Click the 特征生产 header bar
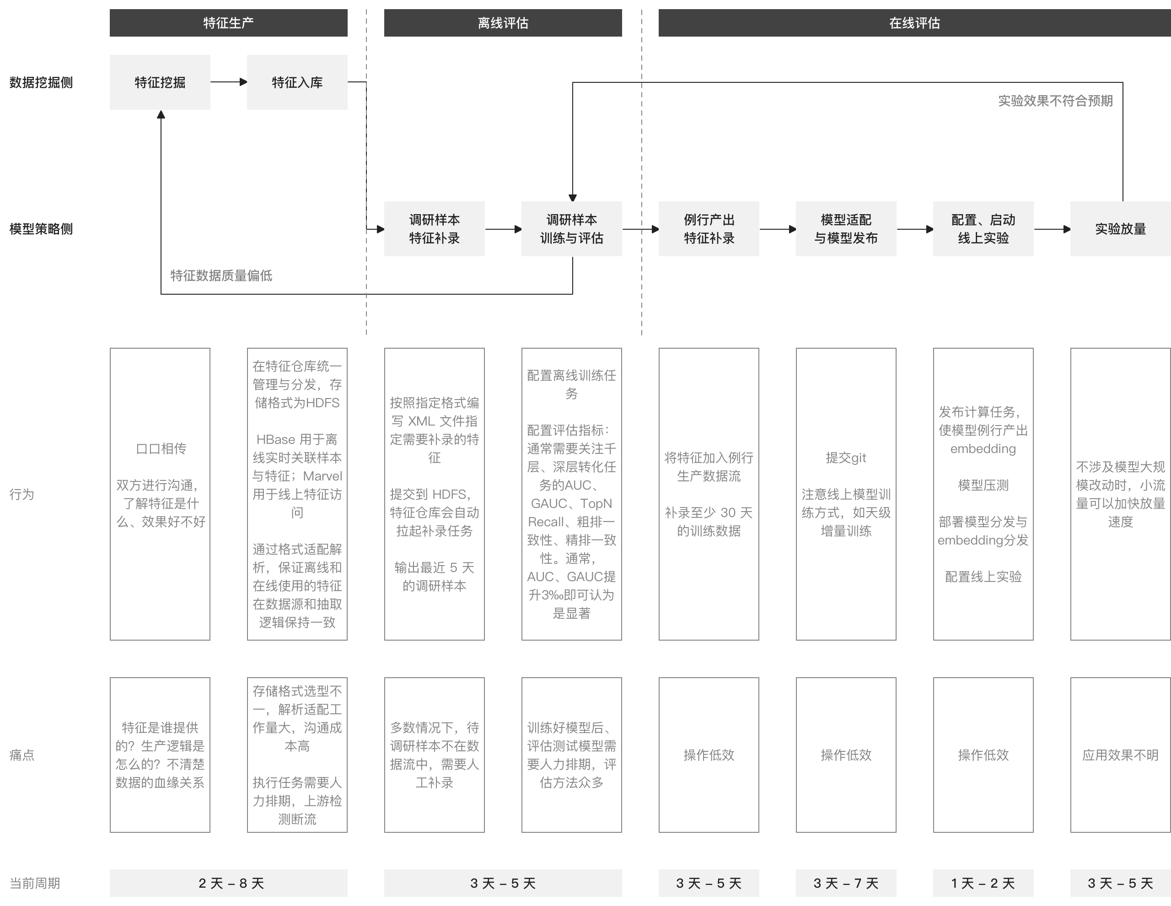coord(228,23)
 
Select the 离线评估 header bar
coord(503,23)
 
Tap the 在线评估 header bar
coord(915,23)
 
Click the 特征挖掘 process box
coord(160,82)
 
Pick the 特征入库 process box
coord(297,82)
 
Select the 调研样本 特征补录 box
coord(434,229)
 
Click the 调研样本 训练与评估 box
coord(572,229)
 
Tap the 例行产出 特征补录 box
coord(709,229)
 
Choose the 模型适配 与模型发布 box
coord(846,229)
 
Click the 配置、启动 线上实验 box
coord(983,229)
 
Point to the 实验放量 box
coord(1121,229)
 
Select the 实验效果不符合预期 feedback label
coord(1055,101)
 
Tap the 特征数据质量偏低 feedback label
coord(221,276)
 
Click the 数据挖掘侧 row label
coord(41,83)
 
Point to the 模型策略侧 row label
coord(41,229)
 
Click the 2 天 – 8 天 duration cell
coord(228,883)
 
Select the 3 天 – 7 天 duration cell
coord(846,883)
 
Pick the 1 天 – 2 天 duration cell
coord(983,883)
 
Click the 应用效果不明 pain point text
coord(1121,755)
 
